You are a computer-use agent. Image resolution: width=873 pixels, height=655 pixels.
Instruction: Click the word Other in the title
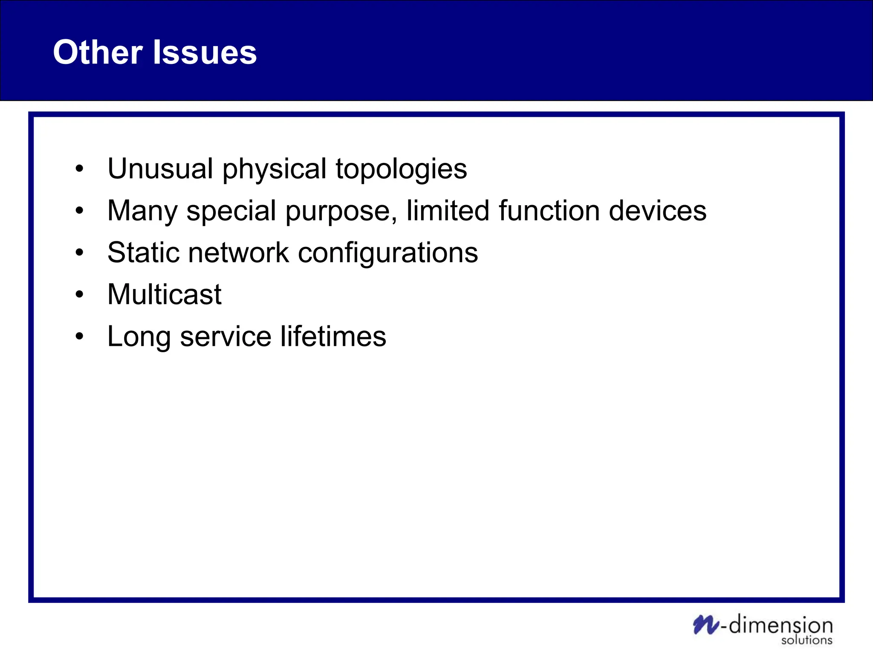point(98,52)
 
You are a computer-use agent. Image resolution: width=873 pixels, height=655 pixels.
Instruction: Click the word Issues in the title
point(205,52)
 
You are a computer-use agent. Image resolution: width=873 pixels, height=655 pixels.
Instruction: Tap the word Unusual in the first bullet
point(160,168)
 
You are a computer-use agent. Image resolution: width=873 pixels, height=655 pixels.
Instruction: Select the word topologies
point(401,169)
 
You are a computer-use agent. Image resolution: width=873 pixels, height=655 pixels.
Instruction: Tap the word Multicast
point(165,294)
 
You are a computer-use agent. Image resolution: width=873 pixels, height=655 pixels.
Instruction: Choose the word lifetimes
point(333,336)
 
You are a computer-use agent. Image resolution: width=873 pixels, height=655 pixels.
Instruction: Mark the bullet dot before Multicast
point(79,295)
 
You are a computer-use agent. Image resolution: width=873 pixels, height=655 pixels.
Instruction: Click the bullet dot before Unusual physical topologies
point(79,169)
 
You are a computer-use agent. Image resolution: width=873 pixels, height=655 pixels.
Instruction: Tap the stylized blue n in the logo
point(705,625)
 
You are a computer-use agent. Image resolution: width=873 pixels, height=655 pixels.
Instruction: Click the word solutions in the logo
point(807,640)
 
